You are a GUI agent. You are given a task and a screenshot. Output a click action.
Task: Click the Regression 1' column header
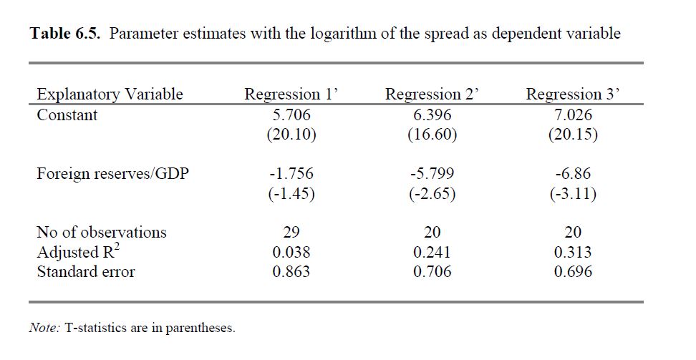[x=291, y=94]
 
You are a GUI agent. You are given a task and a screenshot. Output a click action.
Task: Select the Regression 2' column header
[x=432, y=94]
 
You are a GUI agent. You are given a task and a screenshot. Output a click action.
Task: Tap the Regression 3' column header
[x=573, y=94]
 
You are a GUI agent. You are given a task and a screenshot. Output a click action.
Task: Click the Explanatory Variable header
[x=110, y=94]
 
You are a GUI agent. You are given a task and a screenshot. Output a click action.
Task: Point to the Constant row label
[x=67, y=115]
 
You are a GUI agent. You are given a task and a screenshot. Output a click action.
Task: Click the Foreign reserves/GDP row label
[x=112, y=174]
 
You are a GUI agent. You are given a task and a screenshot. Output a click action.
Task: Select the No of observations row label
[x=102, y=232]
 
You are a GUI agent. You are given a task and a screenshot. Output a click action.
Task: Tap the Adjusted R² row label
[x=78, y=251]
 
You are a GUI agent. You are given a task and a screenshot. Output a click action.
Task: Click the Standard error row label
[x=86, y=272]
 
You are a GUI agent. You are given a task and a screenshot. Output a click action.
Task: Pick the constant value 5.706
[x=291, y=115]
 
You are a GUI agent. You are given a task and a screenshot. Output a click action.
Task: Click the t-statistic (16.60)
[x=432, y=135]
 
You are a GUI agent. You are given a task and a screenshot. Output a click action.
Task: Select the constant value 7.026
[x=573, y=115]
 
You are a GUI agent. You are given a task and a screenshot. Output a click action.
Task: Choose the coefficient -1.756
[x=291, y=174]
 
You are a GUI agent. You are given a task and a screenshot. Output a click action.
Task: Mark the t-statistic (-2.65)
[x=432, y=194]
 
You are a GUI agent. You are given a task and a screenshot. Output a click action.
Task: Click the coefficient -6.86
[x=573, y=174]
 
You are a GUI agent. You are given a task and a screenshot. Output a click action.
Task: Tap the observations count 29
[x=291, y=232]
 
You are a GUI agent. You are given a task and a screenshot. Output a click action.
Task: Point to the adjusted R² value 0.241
[x=432, y=252]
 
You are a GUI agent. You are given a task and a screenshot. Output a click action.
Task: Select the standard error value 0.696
[x=573, y=272]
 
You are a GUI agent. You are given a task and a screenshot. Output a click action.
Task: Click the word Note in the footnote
[x=44, y=328]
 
